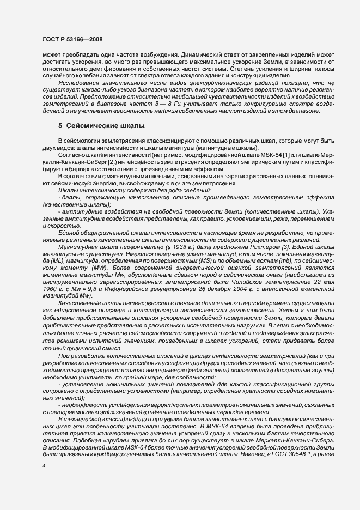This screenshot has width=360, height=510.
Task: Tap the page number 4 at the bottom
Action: pos(44,482)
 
